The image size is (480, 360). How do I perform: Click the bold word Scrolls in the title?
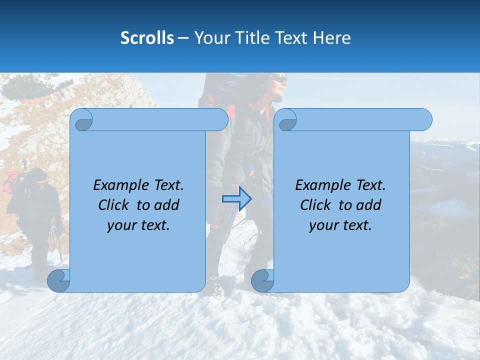147,38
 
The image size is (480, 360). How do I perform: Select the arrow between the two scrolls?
236,198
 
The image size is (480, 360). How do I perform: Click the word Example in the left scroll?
117,185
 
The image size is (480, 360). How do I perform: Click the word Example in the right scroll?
319,185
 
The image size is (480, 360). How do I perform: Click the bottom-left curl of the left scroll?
58,280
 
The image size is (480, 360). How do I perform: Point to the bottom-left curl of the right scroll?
262,280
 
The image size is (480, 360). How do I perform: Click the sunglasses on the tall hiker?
279,78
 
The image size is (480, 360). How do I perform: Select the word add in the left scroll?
167,205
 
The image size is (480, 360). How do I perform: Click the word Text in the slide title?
292,38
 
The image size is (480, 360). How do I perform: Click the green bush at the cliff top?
25,85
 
